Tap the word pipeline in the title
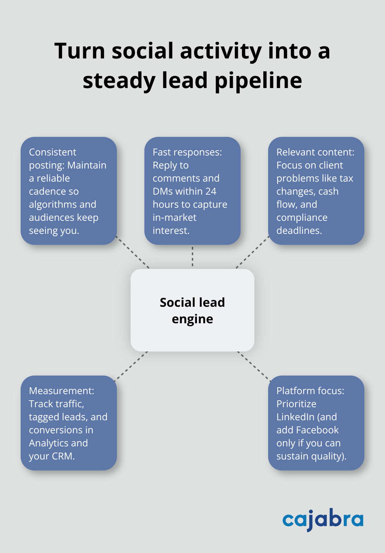point(258,81)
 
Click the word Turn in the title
point(79,51)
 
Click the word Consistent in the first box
point(53,152)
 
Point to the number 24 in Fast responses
point(210,191)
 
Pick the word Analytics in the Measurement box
point(49,443)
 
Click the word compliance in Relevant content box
point(302,217)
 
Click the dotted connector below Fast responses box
point(192,257)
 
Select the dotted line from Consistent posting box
point(133,252)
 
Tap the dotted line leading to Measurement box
point(131,366)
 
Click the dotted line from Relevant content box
point(252,252)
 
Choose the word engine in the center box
point(192,319)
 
